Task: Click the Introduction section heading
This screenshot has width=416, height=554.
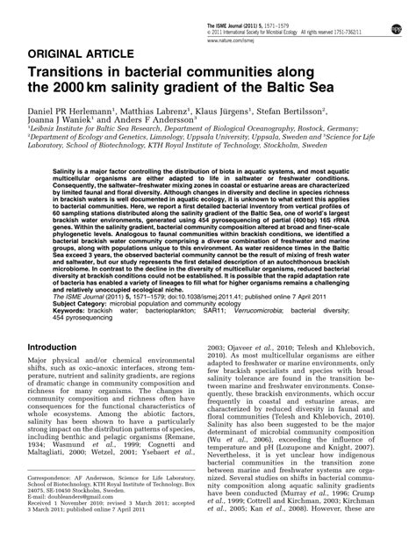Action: click(x=63, y=322)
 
